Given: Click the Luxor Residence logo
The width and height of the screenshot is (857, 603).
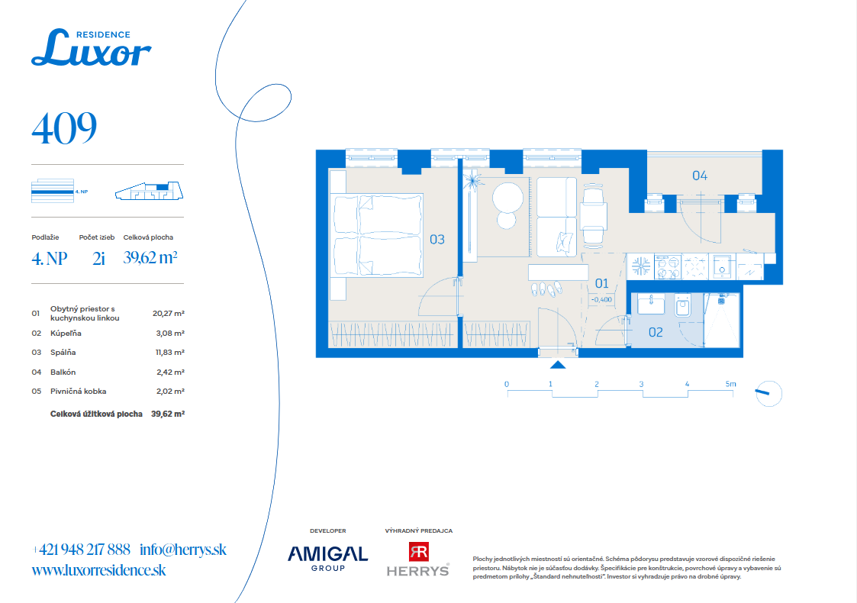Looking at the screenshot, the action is coord(92,47).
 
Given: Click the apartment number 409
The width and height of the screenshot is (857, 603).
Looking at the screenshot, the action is coord(65,128).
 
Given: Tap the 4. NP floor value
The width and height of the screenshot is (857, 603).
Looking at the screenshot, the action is coord(49,258).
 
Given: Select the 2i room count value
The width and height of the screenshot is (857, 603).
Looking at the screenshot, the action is coord(98,258).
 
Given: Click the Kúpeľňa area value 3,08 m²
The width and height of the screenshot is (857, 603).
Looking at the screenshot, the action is coord(170,333).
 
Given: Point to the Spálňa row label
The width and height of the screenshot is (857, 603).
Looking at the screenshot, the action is coord(63,353).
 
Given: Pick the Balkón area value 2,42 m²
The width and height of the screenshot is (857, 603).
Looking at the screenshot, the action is coord(170,372).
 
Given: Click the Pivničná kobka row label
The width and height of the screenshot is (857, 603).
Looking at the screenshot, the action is coord(78,392).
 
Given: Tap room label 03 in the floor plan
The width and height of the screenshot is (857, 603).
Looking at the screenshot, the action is coord(437,240).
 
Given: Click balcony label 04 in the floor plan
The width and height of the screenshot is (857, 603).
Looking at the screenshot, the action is coord(700,176).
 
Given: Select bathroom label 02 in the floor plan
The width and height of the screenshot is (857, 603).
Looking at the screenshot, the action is coord(656,332).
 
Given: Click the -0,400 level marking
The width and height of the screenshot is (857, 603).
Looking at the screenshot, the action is coord(602,299).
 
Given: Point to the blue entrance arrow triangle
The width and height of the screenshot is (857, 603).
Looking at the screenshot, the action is coord(558,365).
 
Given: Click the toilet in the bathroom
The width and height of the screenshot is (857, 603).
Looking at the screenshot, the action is coord(683,306).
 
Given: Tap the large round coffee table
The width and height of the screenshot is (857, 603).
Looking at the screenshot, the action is coord(507,197).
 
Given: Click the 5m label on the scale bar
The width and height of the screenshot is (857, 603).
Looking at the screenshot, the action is coord(731,384).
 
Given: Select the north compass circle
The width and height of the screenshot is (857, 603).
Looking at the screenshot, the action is coord(769,394).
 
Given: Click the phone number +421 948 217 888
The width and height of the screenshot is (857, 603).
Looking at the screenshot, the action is coord(82,550).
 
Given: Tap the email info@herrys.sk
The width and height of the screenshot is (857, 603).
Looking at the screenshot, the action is coord(183,550).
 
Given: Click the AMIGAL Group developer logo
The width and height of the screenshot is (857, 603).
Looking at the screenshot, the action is coord(328,558).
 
